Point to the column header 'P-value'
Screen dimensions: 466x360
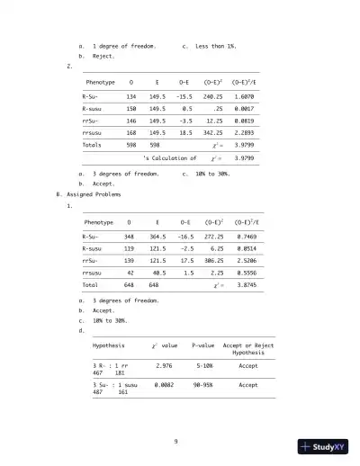point(202,345)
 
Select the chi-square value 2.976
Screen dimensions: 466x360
point(164,366)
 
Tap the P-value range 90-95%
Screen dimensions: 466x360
point(202,384)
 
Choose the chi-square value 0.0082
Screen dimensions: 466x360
point(164,384)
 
